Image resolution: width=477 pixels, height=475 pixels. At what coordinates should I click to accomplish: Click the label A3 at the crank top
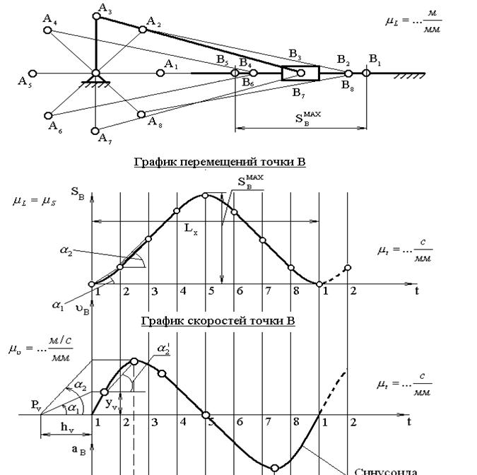105,8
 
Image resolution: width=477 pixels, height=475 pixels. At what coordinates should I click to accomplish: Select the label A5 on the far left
24,81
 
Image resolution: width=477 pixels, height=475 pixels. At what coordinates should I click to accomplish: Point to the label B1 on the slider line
374,58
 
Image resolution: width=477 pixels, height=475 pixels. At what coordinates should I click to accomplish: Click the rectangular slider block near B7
300,73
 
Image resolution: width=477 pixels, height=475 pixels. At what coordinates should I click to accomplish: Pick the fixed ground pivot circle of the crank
96,73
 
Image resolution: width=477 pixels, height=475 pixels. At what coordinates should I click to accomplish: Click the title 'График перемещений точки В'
220,163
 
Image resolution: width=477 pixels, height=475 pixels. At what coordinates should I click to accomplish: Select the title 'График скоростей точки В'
218,321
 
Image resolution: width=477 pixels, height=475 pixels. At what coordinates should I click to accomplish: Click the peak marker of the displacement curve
205,194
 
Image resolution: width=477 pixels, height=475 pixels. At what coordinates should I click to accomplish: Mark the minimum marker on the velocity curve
275,467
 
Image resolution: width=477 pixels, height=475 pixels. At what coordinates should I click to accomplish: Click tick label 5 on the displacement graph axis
211,291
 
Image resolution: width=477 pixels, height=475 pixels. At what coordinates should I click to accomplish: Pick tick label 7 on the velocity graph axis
268,422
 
